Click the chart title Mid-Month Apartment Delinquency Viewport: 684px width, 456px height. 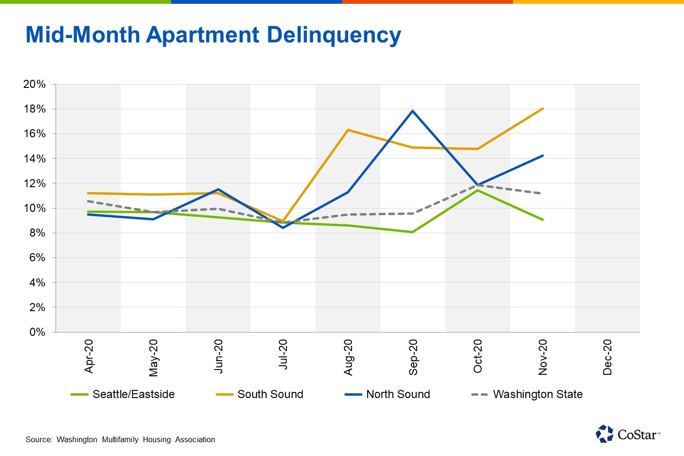pyautogui.click(x=213, y=36)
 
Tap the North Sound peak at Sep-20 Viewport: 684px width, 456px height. pyautogui.click(x=413, y=111)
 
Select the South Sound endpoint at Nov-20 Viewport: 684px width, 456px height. pyautogui.click(x=542, y=109)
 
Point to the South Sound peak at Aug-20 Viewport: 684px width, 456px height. pyautogui.click(x=348, y=130)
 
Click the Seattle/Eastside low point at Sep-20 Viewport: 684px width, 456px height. pyautogui.click(x=413, y=232)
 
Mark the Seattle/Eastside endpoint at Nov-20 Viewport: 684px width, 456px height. pyautogui.click(x=542, y=219)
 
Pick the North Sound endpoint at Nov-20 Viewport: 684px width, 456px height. pyautogui.click(x=542, y=156)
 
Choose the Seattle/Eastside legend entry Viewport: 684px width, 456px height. pyautogui.click(x=123, y=394)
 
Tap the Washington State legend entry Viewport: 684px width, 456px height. pyautogui.click(x=527, y=394)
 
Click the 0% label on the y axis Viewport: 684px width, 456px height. pyautogui.click(x=38, y=332)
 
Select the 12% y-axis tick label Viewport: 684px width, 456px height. pyautogui.click(x=35, y=184)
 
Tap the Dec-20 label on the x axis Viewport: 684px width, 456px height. pyautogui.click(x=608, y=357)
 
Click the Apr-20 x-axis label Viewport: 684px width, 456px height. pyautogui.click(x=89, y=356)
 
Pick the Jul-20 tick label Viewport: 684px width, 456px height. pyautogui.click(x=284, y=354)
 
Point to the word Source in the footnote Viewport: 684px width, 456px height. pyautogui.click(x=38, y=440)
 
